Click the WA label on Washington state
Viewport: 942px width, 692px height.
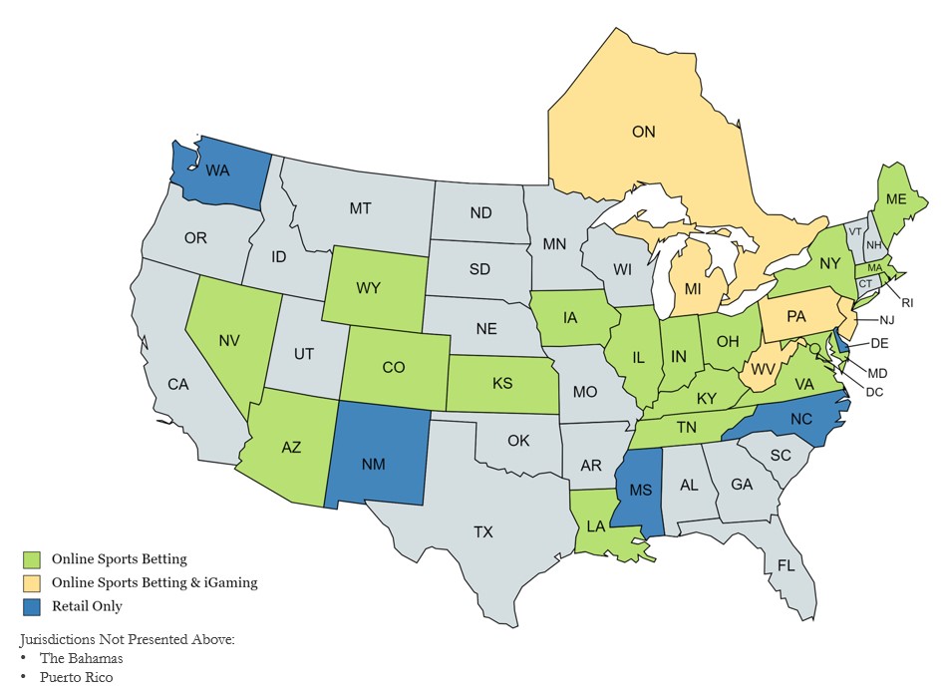coord(218,171)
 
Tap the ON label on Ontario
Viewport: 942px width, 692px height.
coord(646,131)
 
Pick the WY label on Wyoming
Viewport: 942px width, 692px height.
coord(369,288)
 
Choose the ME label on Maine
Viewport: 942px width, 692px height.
coord(895,199)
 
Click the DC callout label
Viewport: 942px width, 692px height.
coord(874,392)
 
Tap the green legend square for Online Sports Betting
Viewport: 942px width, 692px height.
coord(31,559)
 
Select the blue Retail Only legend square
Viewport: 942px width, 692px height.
coord(31,605)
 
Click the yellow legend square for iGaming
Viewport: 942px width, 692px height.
coord(31,582)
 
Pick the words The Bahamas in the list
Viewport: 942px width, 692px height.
coord(81,658)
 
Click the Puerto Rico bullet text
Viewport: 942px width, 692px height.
coord(77,677)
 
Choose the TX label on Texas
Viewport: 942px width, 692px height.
coord(482,531)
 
